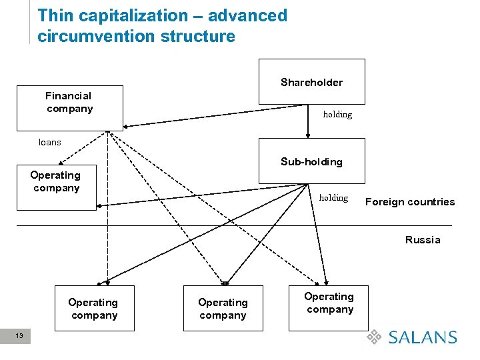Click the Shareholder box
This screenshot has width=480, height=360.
click(x=311, y=81)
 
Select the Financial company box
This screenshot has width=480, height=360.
click(x=69, y=107)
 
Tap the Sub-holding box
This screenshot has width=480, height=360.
click(x=311, y=161)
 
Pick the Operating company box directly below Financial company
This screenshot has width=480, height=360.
click(x=56, y=187)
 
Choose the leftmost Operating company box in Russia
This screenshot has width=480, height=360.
click(x=94, y=308)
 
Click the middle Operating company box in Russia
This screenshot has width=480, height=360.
click(x=223, y=308)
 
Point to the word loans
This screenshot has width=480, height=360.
click(x=50, y=142)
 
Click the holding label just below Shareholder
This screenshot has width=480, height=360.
click(x=337, y=115)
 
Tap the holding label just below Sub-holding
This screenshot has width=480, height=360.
click(x=333, y=197)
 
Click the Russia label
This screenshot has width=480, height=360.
click(x=423, y=240)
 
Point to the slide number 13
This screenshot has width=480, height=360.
click(x=19, y=336)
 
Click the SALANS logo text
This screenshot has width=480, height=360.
click(x=423, y=337)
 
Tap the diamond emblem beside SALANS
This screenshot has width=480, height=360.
click(x=375, y=337)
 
